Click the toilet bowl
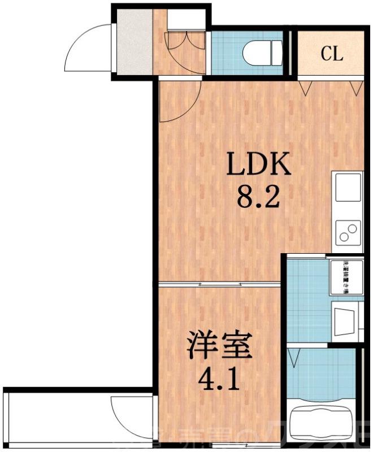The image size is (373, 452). tap(262, 54)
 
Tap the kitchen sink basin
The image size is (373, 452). tap(348, 188)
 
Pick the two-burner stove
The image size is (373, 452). tap(348, 233)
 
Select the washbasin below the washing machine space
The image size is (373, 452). tap(345, 320)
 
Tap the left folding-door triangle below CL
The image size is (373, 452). tap(306, 87)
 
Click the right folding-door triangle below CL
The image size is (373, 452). tap(355, 87)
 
